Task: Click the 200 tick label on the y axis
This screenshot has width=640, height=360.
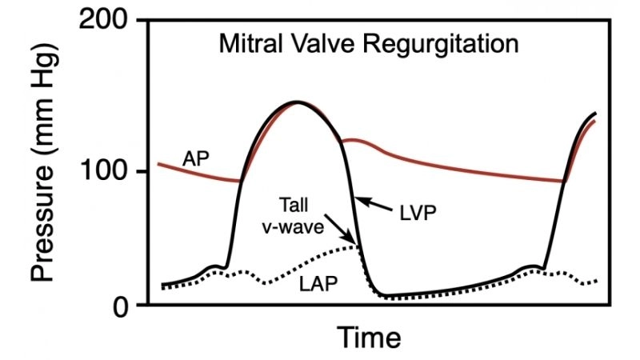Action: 105,20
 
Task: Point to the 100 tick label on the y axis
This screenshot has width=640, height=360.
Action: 105,172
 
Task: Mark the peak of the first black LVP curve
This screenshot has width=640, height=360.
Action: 298,102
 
